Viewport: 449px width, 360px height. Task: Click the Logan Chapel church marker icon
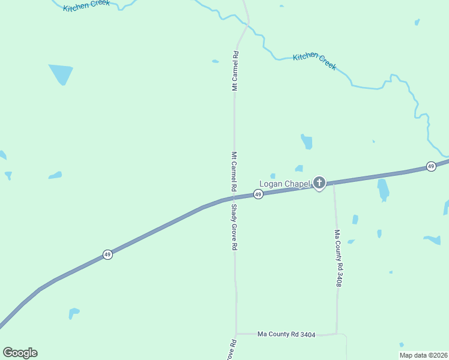pos(319,182)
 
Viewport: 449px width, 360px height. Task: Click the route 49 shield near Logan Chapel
pos(258,194)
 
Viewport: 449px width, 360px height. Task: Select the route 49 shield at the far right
pos(431,166)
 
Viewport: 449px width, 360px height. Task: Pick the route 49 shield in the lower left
pos(107,254)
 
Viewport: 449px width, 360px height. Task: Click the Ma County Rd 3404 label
pos(286,334)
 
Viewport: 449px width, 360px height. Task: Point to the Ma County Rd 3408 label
pos(339,258)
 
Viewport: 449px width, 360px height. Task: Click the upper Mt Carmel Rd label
pos(235,71)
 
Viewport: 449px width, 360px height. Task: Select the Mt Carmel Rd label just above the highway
pos(235,171)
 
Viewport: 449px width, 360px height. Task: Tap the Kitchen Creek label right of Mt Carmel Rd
pos(315,61)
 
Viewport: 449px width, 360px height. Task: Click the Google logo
pos(20,353)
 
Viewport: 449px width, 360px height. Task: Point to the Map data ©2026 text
pos(423,355)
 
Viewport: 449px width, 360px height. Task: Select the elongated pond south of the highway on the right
pos(382,190)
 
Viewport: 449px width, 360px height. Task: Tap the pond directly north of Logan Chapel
pos(307,142)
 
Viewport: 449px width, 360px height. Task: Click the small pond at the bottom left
pos(73,313)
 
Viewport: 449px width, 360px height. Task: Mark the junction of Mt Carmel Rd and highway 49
pos(234,198)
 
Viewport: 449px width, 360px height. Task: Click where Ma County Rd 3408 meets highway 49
pos(334,184)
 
